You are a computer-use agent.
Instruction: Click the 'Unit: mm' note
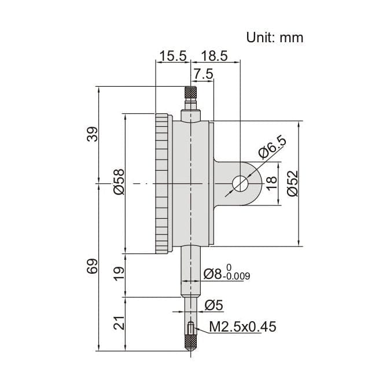click(275, 38)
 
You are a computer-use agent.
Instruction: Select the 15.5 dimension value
click(172, 56)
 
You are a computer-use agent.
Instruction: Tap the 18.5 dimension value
click(214, 56)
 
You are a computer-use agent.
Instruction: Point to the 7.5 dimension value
click(203, 74)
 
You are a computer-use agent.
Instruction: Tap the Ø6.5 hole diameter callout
click(271, 149)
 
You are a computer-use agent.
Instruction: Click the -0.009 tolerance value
click(238, 277)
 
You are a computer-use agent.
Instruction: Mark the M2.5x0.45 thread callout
click(242, 328)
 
